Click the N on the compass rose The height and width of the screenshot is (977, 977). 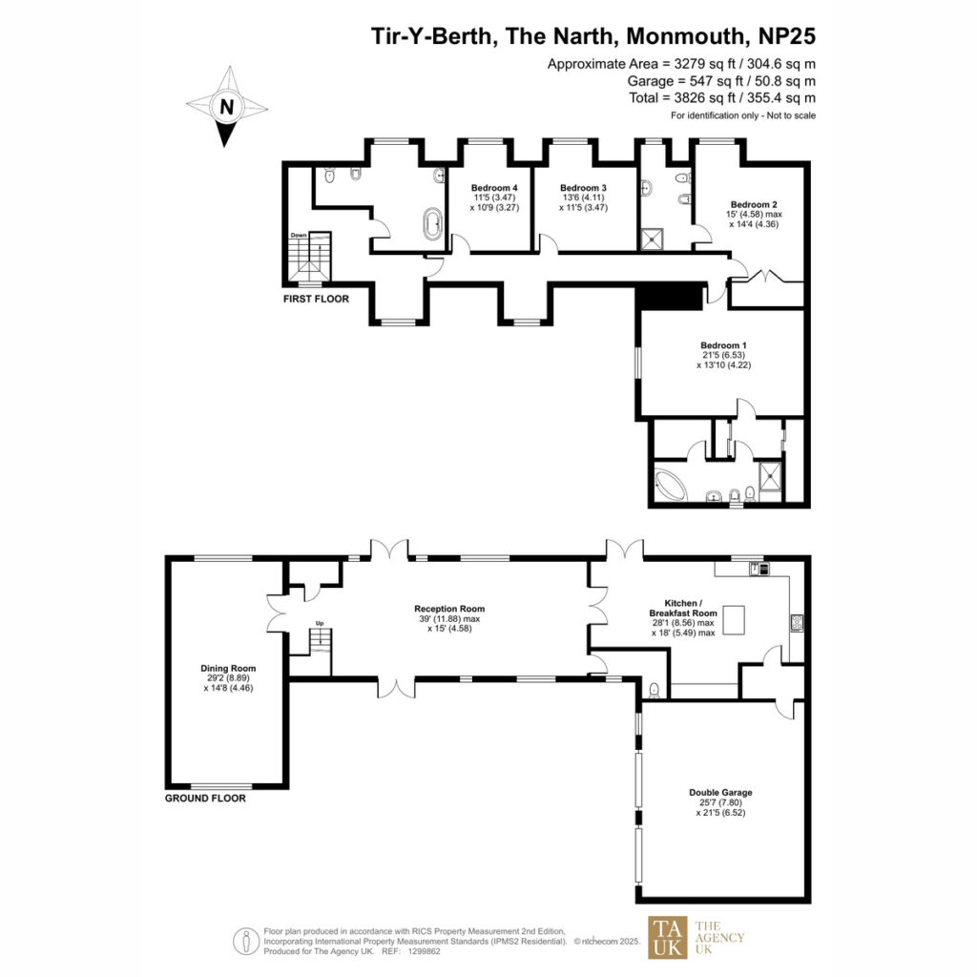227,107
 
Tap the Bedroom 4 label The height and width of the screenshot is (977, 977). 494,188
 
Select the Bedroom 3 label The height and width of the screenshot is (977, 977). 583,188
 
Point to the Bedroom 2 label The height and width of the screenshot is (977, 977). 754,204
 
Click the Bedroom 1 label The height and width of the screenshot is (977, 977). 723,345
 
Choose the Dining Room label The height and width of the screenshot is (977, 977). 228,668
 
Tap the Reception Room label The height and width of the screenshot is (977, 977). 449,609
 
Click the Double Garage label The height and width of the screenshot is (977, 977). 720,793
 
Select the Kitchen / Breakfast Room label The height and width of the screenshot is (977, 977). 683,608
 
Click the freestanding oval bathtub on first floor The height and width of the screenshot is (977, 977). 432,224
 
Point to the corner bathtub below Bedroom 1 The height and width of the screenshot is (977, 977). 670,485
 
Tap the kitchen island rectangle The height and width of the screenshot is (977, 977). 734,620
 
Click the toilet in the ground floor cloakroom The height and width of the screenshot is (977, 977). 655,691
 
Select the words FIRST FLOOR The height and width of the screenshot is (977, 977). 316,299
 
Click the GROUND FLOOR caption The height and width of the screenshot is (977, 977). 205,799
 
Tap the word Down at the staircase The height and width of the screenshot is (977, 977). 299,236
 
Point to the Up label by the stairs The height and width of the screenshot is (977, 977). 320,623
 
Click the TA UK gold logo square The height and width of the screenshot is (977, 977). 668,937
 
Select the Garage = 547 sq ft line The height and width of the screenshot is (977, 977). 721,81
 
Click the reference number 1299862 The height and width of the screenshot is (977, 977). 424,951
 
